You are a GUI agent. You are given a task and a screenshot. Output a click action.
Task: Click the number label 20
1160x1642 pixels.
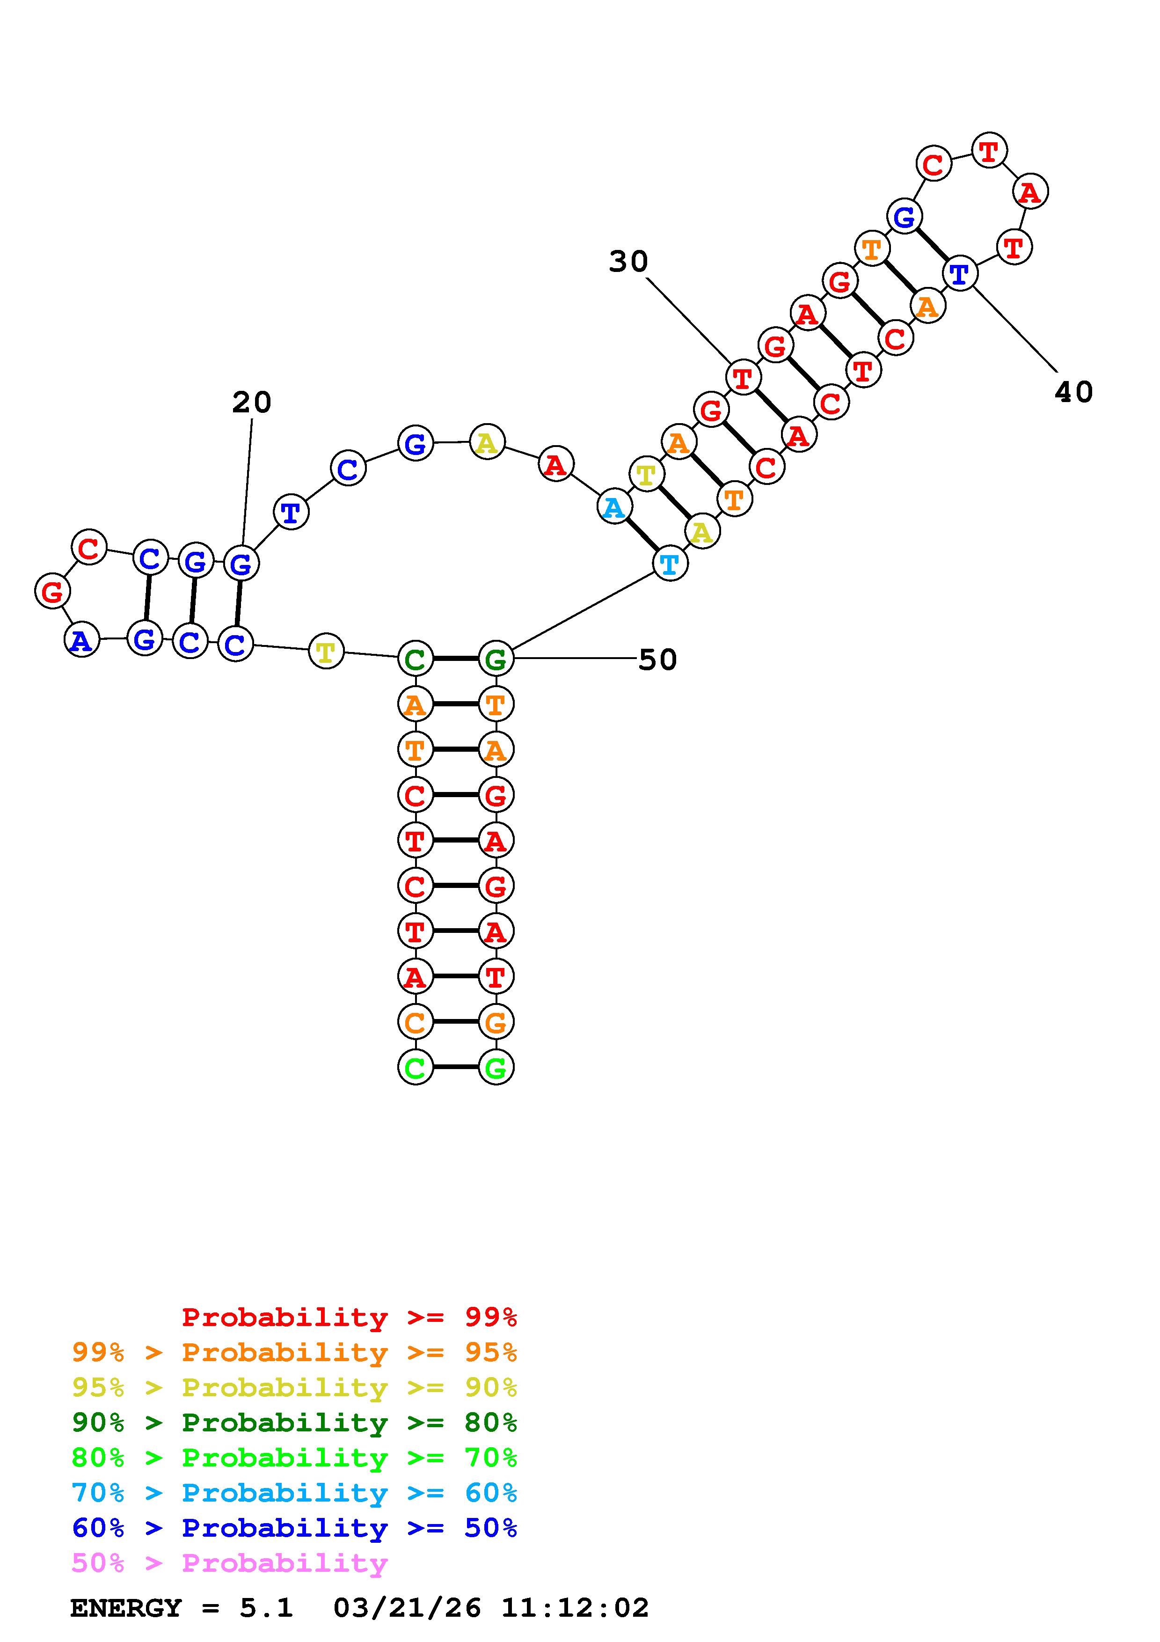coord(252,403)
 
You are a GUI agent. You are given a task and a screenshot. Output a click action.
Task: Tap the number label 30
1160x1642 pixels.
coord(628,262)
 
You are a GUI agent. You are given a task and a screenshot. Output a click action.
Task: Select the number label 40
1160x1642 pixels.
coord(1073,392)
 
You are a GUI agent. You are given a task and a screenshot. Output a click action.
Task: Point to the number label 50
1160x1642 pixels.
coord(657,660)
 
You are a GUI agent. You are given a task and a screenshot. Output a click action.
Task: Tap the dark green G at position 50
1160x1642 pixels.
coord(496,659)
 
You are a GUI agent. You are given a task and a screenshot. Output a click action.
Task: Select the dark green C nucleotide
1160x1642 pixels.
coord(415,659)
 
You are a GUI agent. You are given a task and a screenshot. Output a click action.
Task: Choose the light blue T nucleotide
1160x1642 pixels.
coord(670,564)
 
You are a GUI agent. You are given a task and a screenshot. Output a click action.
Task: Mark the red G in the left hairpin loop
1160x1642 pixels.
coord(52,592)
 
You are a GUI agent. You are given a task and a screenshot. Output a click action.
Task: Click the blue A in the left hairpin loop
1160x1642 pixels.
coord(82,640)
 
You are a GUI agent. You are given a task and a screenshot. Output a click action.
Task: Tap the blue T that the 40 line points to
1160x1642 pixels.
coord(959,273)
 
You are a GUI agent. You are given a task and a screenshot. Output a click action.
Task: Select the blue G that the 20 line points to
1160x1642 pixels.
coord(241,564)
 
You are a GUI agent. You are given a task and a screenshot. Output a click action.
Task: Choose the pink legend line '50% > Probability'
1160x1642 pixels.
coord(229,1562)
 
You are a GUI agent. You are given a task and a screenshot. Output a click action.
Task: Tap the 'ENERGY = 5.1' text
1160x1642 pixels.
coord(182,1608)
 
